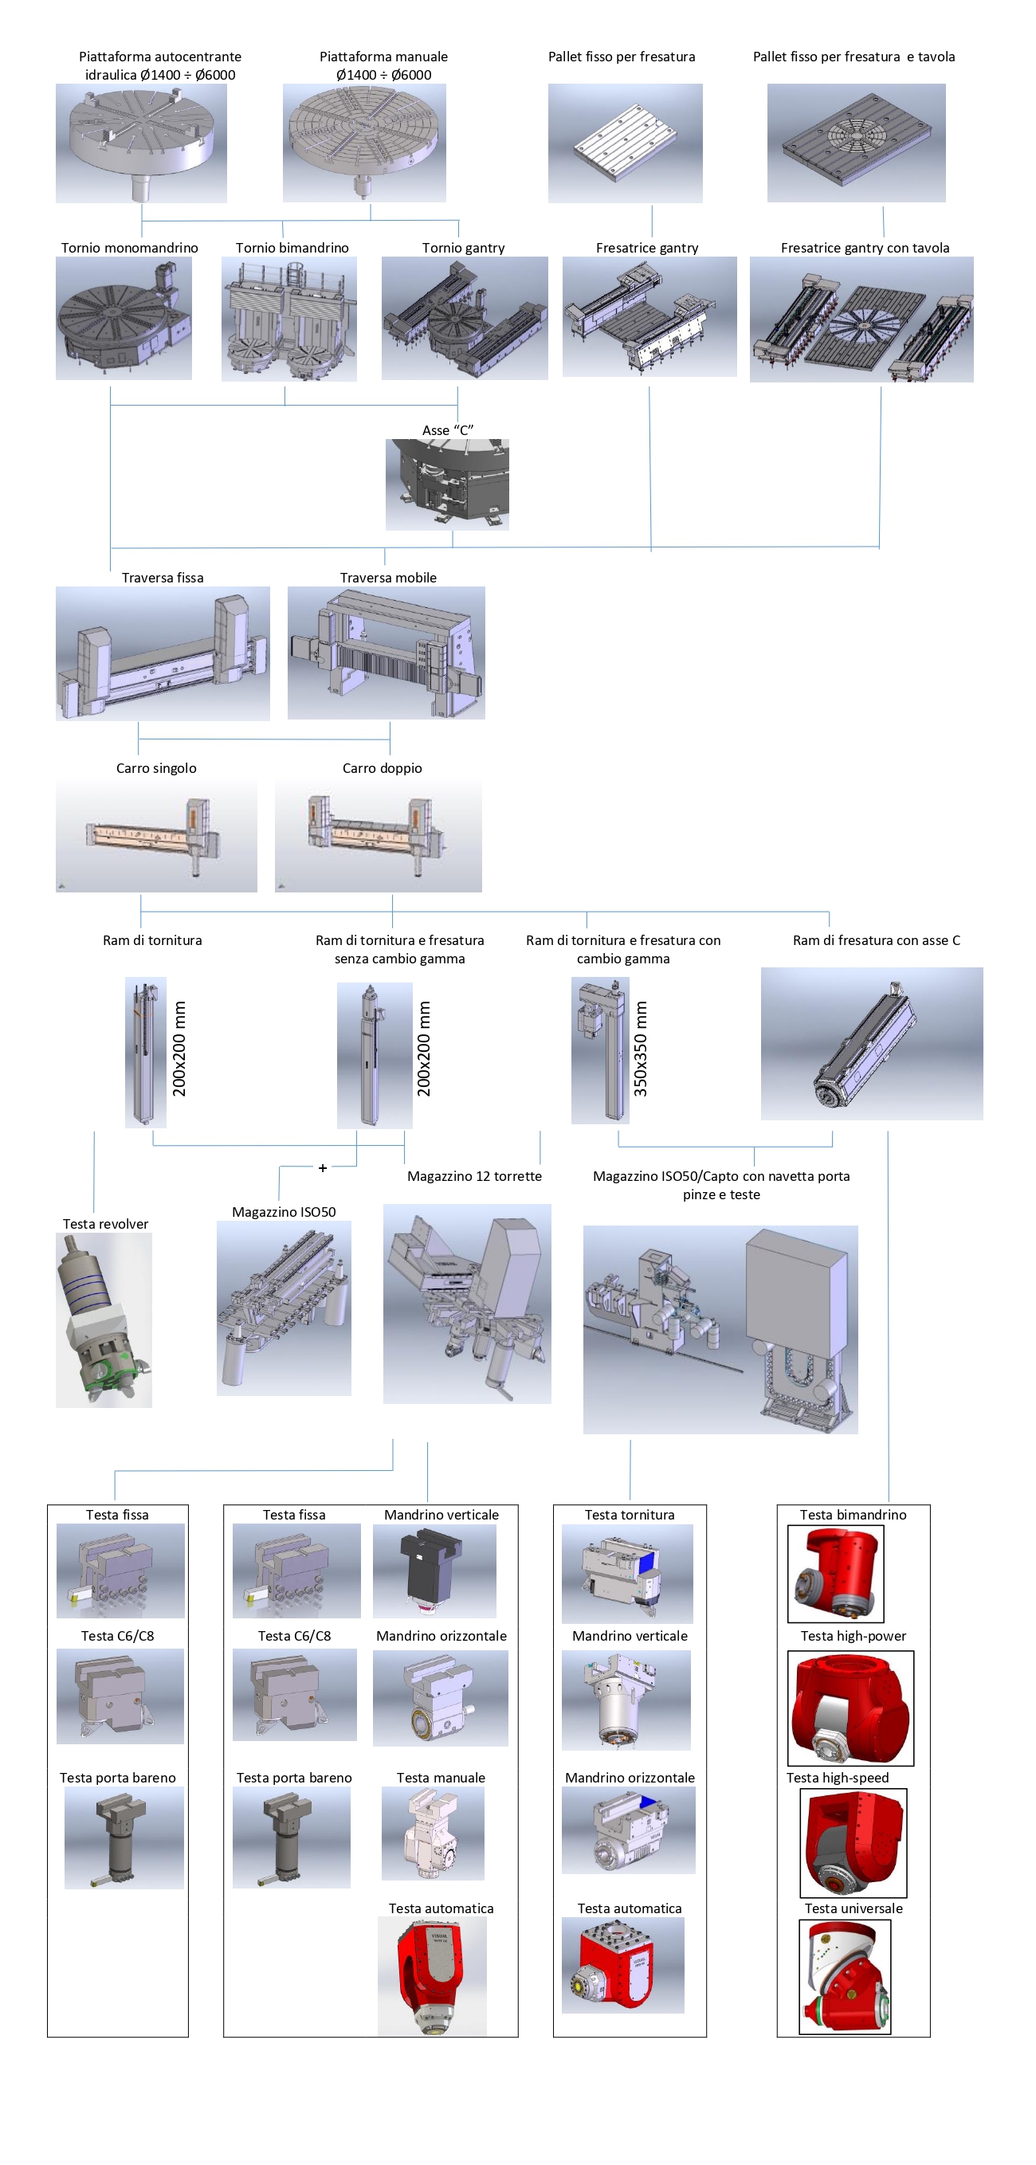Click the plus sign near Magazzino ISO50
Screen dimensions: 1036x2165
[x=323, y=1168]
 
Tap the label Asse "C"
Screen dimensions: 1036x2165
[x=448, y=430]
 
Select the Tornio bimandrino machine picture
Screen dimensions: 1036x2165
[x=289, y=319]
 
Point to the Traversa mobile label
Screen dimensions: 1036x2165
[x=388, y=578]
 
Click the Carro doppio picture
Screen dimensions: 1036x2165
[x=378, y=834]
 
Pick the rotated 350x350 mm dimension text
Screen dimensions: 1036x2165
[x=640, y=1049]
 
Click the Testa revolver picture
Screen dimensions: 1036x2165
[x=104, y=1320]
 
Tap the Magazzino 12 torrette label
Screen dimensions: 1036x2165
[x=475, y=1176]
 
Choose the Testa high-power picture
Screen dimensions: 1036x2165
[x=850, y=1708]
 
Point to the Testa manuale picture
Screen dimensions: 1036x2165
[x=433, y=1833]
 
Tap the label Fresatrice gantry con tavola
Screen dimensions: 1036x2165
[x=865, y=248]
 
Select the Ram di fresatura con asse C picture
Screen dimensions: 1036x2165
[x=872, y=1044]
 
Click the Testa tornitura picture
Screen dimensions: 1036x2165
[x=628, y=1573]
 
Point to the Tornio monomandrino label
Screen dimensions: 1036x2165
[x=129, y=248]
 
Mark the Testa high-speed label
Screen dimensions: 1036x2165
[x=838, y=1778]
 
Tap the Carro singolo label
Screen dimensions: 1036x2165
[x=156, y=768]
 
